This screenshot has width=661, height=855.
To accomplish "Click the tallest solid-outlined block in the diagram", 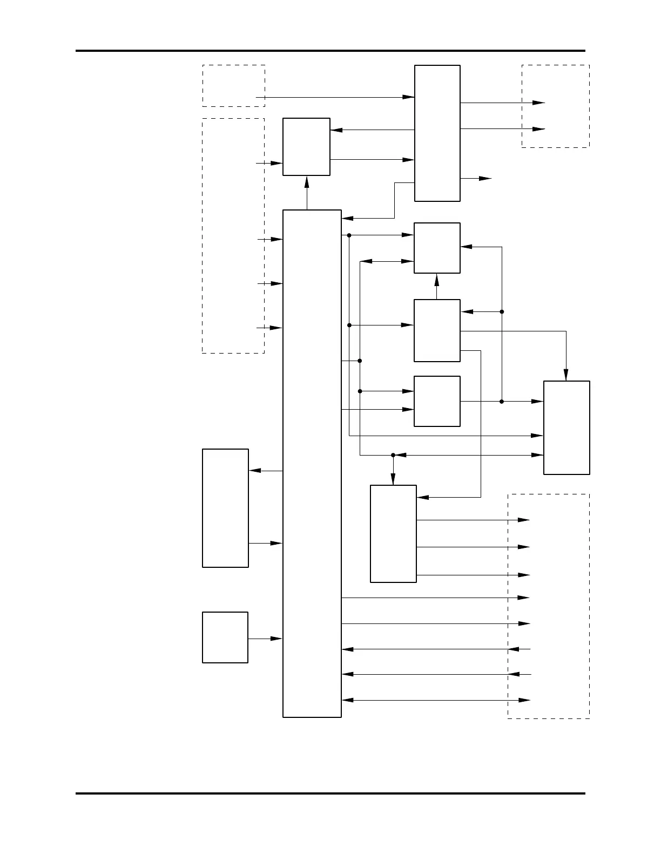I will tap(312, 463).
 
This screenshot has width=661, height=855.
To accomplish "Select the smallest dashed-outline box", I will tap(233, 85).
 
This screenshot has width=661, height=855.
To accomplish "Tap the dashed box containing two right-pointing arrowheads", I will tap(555, 106).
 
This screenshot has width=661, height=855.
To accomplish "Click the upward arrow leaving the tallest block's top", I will tap(307, 193).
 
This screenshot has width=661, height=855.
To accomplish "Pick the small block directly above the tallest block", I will tap(306, 146).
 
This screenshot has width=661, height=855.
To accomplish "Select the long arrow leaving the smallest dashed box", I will tap(335, 97).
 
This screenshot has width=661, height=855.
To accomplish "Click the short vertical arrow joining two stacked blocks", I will tap(437, 286).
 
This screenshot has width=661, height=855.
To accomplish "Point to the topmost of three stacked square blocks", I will tap(437, 248).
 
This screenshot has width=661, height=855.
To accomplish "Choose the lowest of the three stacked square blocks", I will tap(437, 401).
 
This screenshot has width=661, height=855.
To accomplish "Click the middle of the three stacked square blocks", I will tap(437, 330).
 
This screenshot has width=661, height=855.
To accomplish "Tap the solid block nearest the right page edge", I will tap(566, 427).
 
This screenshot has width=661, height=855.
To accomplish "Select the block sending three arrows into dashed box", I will tap(393, 533).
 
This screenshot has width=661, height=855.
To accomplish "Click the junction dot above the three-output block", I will tap(393, 455).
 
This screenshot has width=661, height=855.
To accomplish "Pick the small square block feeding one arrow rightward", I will tap(225, 637).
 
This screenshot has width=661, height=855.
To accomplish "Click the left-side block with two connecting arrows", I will tap(225, 507).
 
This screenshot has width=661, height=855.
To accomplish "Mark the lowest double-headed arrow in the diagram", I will tap(436, 700).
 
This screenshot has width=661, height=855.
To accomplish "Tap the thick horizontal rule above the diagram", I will tap(330, 51).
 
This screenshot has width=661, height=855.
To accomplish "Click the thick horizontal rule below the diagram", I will tap(330, 793).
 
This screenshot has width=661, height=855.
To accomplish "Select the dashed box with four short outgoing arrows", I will tap(233, 235).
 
